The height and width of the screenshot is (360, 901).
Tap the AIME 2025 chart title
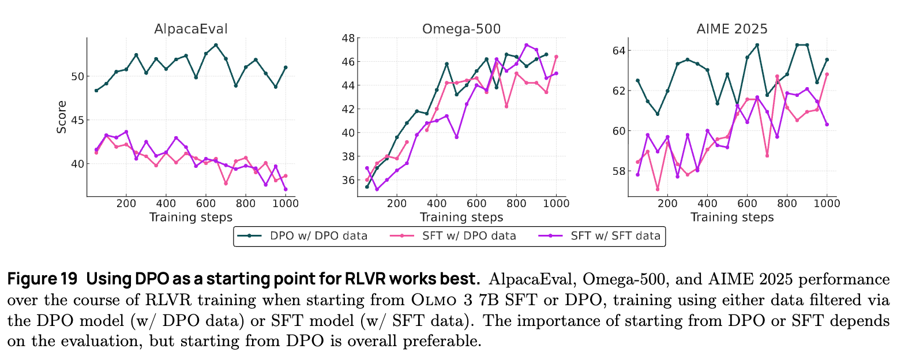pos(731,29)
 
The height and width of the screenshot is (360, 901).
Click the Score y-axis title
pos(61,117)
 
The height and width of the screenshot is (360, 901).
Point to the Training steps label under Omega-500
pos(461,217)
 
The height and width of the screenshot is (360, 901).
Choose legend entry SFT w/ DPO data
pos(459,235)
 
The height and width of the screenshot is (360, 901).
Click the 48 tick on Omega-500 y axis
pos(348,38)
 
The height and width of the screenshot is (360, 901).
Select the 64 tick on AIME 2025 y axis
pos(618,50)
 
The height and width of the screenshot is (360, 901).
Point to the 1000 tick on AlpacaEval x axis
pos(285,203)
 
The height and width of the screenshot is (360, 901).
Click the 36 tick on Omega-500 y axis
pos(348,180)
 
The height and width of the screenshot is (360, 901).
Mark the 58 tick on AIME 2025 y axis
pos(618,171)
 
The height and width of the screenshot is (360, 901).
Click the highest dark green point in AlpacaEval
pos(216,44)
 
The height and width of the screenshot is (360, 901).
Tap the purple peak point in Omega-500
pos(526,44)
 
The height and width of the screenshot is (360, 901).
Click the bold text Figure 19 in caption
pos(42,279)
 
